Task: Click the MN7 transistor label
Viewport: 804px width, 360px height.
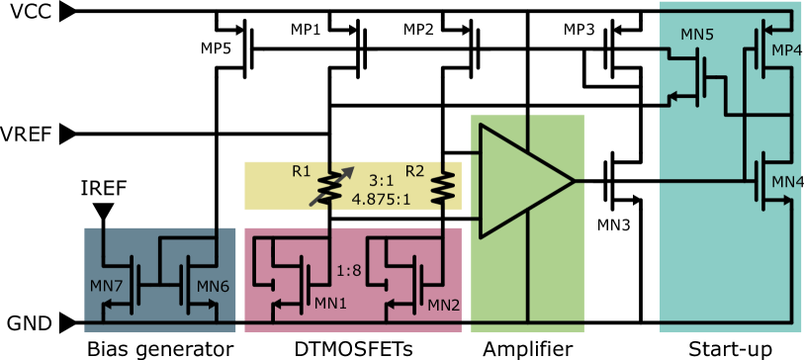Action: click(x=106, y=287)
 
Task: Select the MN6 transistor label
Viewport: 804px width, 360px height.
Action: click(x=213, y=287)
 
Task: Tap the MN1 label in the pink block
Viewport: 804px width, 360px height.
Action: click(x=330, y=304)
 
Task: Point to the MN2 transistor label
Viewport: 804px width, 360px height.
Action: click(x=444, y=305)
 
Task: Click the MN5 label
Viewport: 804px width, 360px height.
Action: click(x=696, y=35)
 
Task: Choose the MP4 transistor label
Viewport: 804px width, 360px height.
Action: click(x=787, y=50)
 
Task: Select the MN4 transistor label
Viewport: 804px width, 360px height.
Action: click(x=787, y=182)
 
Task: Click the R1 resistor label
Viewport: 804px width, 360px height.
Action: click(x=302, y=171)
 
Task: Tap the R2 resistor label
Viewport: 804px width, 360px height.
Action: click(x=414, y=171)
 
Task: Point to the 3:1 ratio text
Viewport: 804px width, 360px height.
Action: click(x=382, y=181)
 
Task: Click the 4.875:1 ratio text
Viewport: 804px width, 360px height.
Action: click(x=381, y=199)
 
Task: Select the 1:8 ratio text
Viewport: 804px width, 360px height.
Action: click(x=348, y=270)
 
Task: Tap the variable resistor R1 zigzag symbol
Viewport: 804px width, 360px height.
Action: click(x=329, y=186)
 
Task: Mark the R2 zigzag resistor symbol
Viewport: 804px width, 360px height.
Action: click(x=444, y=186)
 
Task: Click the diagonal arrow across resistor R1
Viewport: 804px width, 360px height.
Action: click(x=332, y=185)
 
